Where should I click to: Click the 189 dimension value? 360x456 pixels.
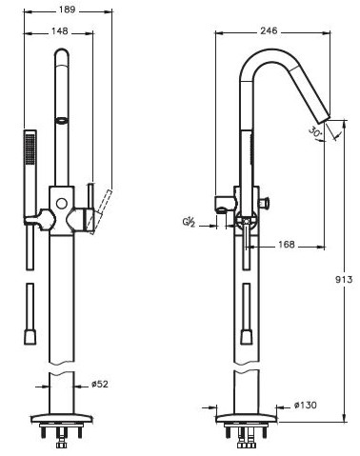pyautogui.click(x=67, y=10)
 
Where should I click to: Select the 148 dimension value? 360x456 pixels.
pyautogui.click(x=60, y=31)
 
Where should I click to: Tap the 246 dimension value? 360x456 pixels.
pyautogui.click(x=269, y=30)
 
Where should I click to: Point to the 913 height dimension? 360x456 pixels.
pyautogui.click(x=344, y=280)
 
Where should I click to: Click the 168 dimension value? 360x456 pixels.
pyautogui.click(x=287, y=245)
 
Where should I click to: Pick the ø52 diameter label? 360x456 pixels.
pyautogui.click(x=100, y=384)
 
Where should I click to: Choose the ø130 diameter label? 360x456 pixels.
pyautogui.click(x=305, y=405)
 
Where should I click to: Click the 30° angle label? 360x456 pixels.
pyautogui.click(x=315, y=131)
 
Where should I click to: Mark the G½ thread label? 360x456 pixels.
pyautogui.click(x=189, y=223)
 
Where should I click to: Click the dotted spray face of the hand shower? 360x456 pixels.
pyautogui.click(x=30, y=149)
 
